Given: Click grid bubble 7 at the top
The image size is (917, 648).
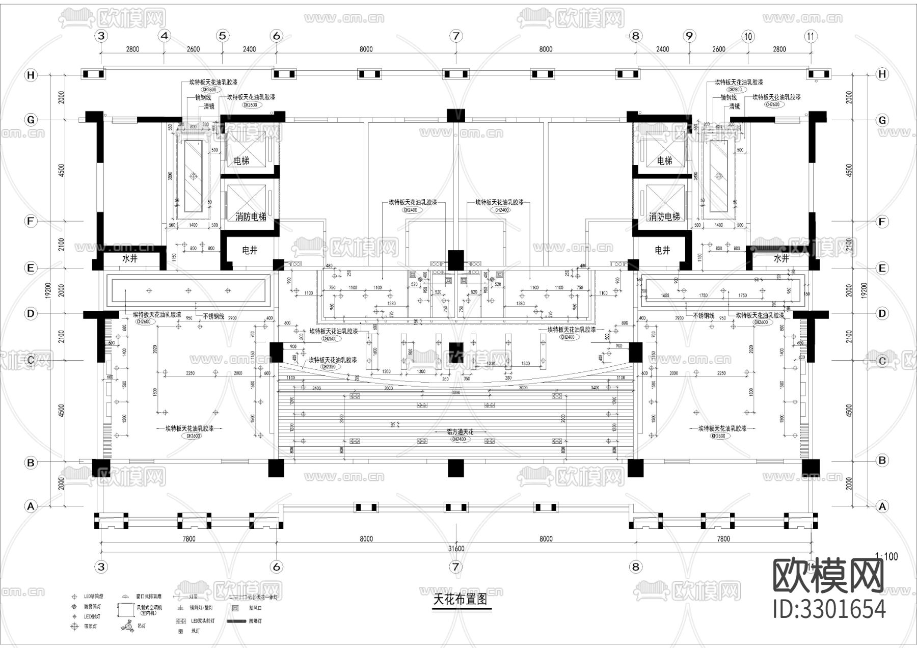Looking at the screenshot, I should click(x=455, y=36).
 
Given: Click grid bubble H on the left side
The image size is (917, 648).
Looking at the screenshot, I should click(x=31, y=75).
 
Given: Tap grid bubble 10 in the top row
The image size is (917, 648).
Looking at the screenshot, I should click(x=748, y=36).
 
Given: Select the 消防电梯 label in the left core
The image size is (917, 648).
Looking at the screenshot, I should click(x=250, y=217).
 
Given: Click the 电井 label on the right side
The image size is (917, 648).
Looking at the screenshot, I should click(x=662, y=250).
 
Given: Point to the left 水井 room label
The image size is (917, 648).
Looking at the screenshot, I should click(x=130, y=258).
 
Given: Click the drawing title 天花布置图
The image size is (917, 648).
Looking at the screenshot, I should click(x=460, y=600).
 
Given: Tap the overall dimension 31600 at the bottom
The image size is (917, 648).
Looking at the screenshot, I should click(x=455, y=549).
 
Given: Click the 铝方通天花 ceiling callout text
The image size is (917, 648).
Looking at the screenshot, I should click(x=460, y=432).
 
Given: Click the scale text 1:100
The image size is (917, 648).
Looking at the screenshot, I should click(x=886, y=557).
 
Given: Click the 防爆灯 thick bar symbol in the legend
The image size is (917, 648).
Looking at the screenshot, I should click(x=236, y=622).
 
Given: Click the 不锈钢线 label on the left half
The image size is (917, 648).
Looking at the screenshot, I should click(x=213, y=316).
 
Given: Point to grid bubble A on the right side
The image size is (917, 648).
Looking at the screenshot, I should click(x=882, y=506).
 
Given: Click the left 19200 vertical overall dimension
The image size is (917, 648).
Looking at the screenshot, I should click(x=48, y=291).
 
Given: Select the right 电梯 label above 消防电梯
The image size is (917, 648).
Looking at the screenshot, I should click(x=664, y=161).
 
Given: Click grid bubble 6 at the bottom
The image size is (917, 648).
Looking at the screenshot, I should click(x=277, y=566).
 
